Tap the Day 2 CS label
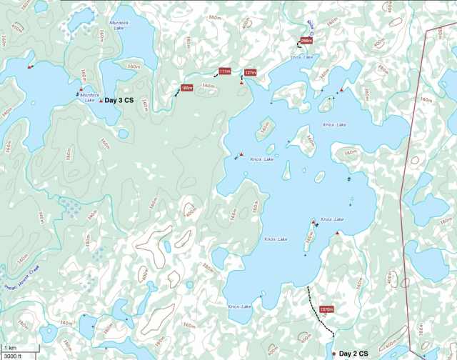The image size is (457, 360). (x=353, y=354)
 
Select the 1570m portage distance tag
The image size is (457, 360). (x=327, y=309)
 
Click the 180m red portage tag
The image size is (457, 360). (x=187, y=88)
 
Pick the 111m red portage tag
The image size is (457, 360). (x=224, y=71)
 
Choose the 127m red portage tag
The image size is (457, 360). (x=250, y=73)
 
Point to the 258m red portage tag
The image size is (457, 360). (x=306, y=41)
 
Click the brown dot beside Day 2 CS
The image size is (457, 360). (x=333, y=354)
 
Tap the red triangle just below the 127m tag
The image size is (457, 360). (x=241, y=84)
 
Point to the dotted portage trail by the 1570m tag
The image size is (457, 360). (x=318, y=310)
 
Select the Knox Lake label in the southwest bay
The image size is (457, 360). (x=239, y=306)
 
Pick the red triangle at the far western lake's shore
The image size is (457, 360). (x=29, y=67)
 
